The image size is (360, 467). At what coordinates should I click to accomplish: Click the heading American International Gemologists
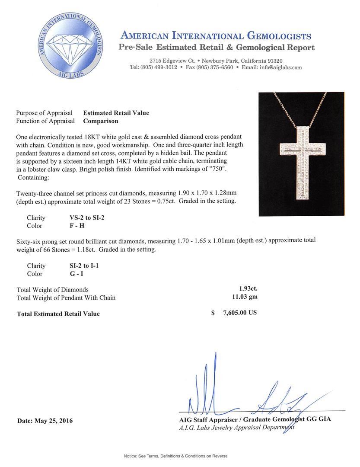[216, 36]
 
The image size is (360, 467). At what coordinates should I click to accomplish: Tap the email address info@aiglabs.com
[278, 67]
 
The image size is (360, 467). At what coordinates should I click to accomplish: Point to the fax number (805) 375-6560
[214, 67]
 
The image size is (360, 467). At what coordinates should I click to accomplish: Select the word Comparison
[100, 121]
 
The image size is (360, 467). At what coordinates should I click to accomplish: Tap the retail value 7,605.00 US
[240, 313]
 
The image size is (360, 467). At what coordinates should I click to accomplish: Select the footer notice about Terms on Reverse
[175, 456]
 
